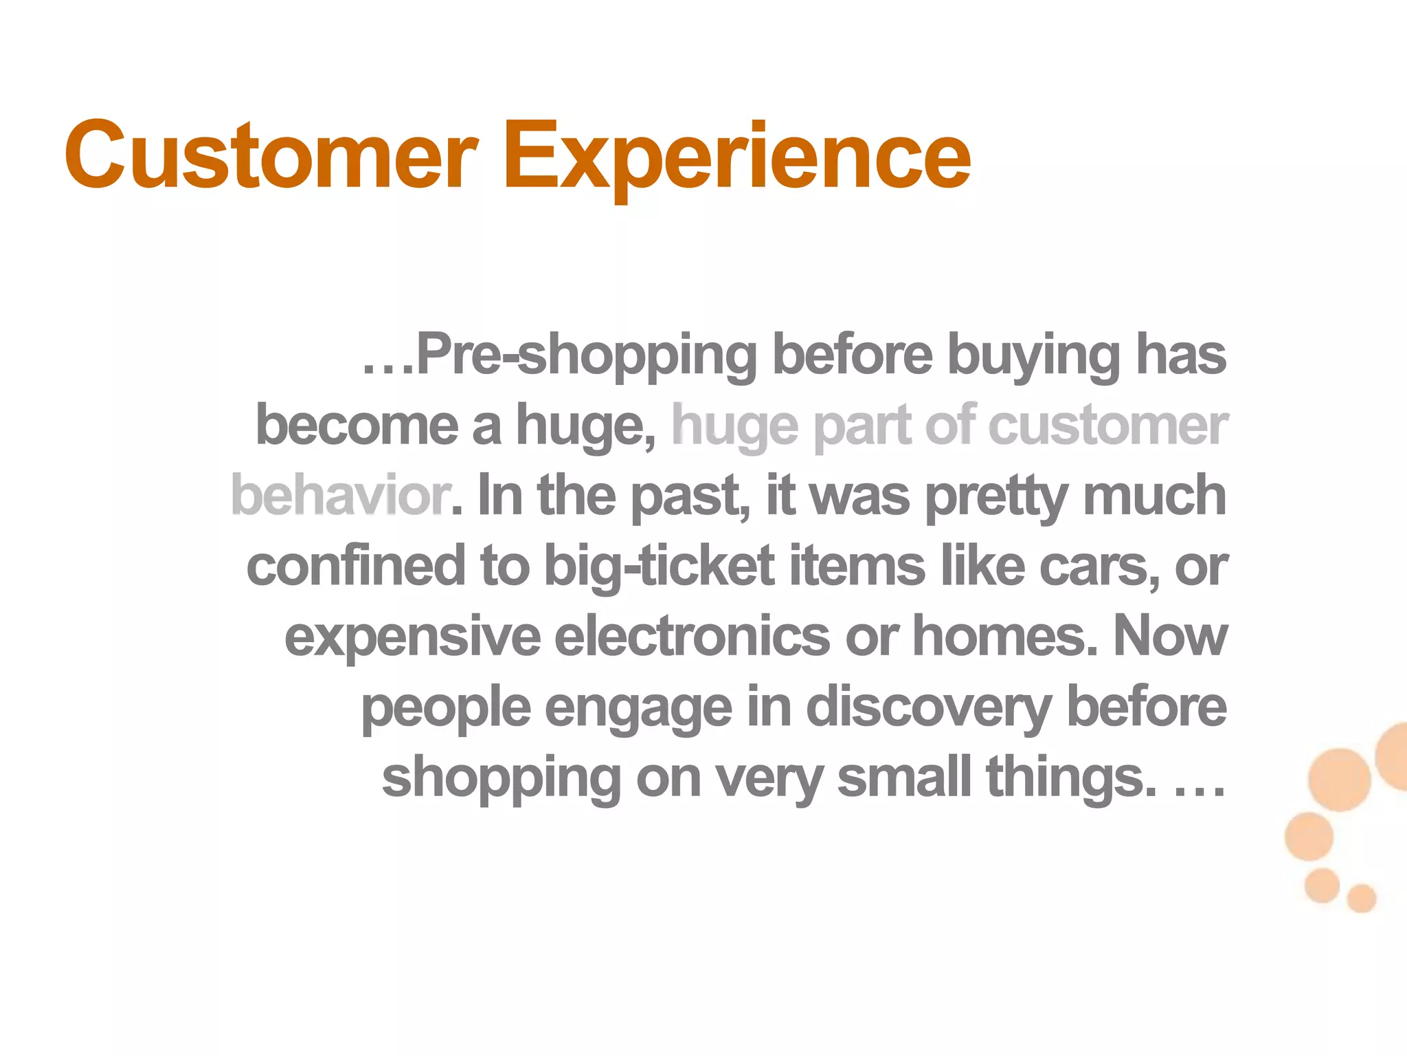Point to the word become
(357, 426)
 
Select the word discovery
(928, 709)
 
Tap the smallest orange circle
(1361, 898)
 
